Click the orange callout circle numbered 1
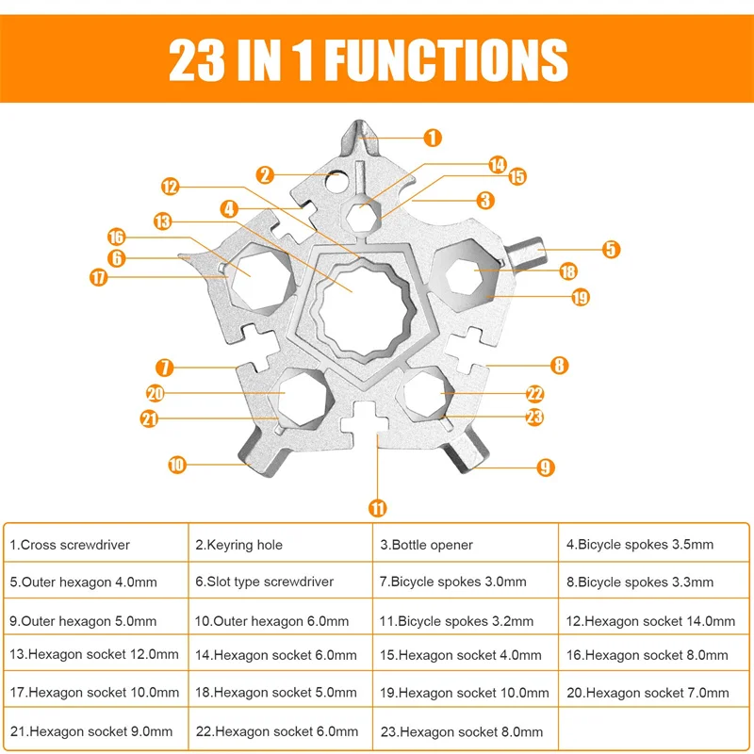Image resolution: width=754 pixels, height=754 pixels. point(432,139)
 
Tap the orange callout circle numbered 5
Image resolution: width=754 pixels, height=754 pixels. point(612,250)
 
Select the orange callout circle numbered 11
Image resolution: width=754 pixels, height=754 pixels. point(377,508)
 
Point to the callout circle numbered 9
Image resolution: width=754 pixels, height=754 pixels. point(544,466)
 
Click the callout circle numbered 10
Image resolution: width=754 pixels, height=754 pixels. point(176,464)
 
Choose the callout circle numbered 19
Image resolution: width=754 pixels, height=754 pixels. point(580,297)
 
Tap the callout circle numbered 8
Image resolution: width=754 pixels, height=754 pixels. point(559,366)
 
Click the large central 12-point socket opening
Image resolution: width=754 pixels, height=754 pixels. point(354,302)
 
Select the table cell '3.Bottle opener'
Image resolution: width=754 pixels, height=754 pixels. point(466,545)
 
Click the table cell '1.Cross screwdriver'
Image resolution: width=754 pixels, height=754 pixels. point(95,545)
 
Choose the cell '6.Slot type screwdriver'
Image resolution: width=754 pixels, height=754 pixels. point(281,582)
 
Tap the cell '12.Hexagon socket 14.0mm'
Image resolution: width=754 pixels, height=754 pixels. point(650,621)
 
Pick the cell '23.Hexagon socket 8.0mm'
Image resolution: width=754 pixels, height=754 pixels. point(466,731)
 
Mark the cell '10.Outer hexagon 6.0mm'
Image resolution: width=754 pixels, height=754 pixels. point(281,621)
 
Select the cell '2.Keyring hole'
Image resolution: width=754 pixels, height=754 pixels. point(281,545)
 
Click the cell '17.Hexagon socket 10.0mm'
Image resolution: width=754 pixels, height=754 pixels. point(95,693)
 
